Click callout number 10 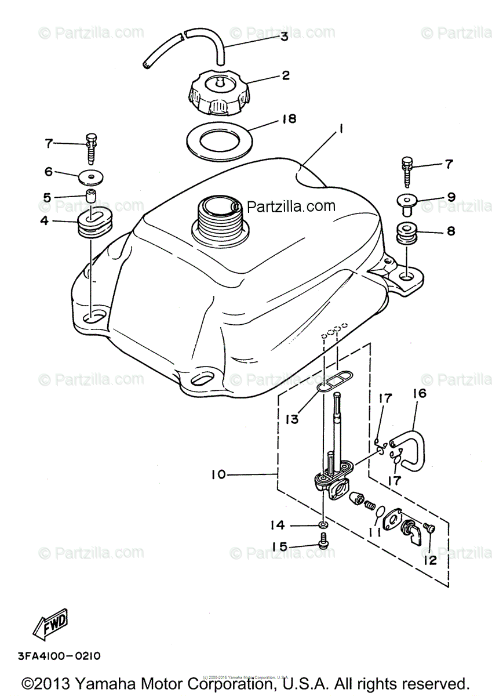pos(218,474)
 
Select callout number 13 pos(292,418)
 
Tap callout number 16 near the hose pos(419,394)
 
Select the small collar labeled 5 pos(91,195)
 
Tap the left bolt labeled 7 pos(91,147)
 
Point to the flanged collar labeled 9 pos(407,202)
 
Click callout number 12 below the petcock pos(430,561)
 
